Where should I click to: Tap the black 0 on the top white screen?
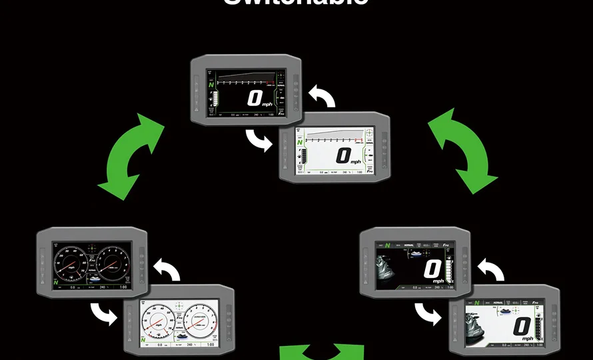[x=342, y=157]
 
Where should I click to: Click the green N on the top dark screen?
[x=212, y=85]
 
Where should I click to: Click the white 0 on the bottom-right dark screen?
[x=433, y=269]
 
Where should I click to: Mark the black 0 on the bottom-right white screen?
[x=522, y=327]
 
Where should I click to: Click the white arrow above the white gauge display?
[x=167, y=269]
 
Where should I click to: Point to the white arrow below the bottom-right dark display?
[x=426, y=312]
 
